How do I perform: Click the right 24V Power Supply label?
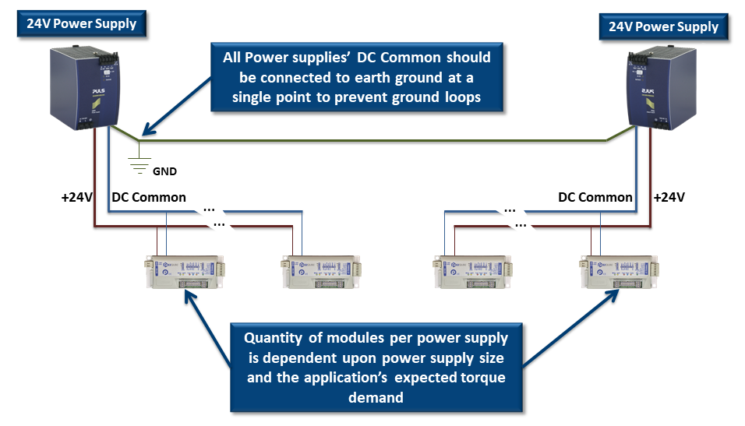point(663,26)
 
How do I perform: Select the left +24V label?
point(76,197)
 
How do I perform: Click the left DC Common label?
point(149,197)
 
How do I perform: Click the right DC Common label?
point(595,197)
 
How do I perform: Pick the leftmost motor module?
point(184,273)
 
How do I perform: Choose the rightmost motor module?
point(616,273)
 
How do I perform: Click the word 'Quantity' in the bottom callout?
point(277,338)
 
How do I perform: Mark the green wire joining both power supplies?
point(374,141)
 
